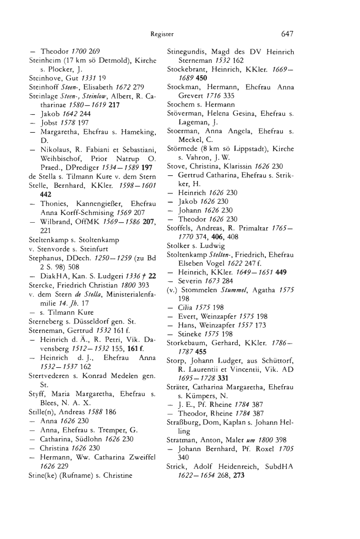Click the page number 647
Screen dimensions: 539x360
(287, 34)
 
